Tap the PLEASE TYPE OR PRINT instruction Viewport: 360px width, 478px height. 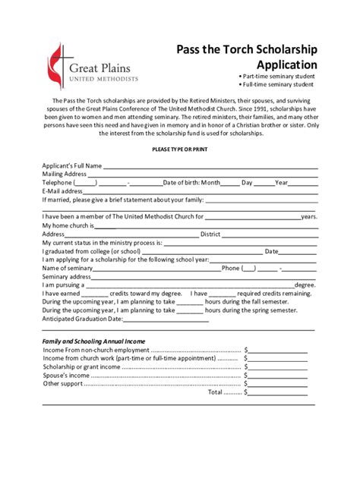click(180, 149)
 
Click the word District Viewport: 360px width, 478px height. click(210, 234)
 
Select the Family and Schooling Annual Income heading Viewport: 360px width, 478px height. click(93, 341)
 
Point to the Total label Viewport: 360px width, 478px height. click(216, 392)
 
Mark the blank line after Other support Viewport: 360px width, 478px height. click(278, 384)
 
